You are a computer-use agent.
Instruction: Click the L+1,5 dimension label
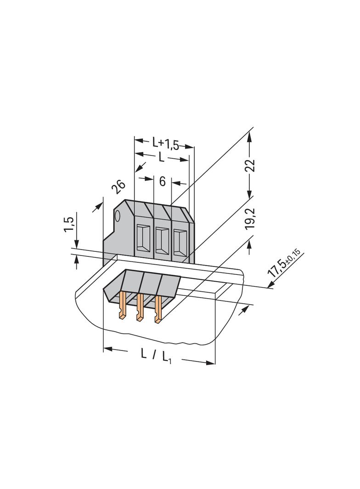coord(165,144)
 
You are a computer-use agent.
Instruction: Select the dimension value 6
coord(163,181)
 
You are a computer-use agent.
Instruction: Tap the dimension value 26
coord(118,187)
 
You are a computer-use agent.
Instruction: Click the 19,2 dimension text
coord(250,219)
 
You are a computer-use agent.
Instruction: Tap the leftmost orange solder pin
coord(123,305)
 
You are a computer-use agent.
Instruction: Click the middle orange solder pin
coord(140,307)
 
